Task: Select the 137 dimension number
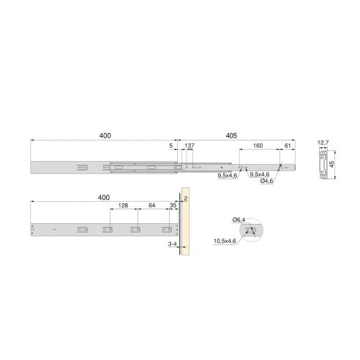tap(190, 146)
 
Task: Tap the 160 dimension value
tap(258, 146)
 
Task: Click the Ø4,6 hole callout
tap(267, 181)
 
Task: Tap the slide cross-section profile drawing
tap(321, 165)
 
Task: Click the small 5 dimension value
tap(171, 146)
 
